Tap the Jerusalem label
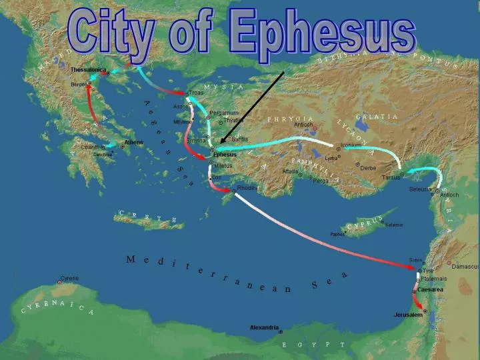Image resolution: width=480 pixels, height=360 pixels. click(x=408, y=315)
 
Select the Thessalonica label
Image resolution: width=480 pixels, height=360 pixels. click(x=89, y=70)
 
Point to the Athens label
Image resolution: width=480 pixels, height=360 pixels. click(x=133, y=143)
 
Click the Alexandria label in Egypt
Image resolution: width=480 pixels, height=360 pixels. click(x=264, y=327)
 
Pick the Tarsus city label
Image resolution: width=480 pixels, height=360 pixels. click(x=391, y=177)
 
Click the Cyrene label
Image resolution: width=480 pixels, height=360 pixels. click(x=69, y=278)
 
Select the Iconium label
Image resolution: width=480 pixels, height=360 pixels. click(x=351, y=145)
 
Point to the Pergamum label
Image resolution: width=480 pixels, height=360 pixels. click(x=224, y=113)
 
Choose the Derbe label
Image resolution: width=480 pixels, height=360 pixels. click(x=369, y=168)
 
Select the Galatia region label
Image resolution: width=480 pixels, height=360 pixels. click(x=377, y=117)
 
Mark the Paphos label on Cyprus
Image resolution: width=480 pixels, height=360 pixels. click(x=337, y=234)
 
